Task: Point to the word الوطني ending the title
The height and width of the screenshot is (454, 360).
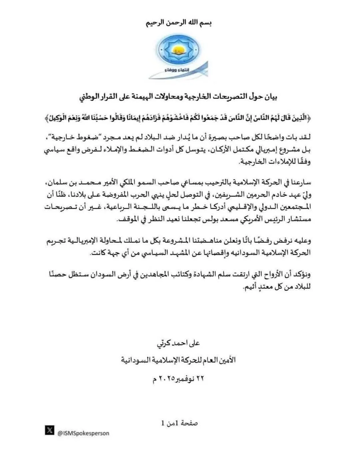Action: [89, 97]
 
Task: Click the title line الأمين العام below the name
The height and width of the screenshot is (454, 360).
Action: [178, 360]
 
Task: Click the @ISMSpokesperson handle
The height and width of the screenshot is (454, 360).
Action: [83, 433]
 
